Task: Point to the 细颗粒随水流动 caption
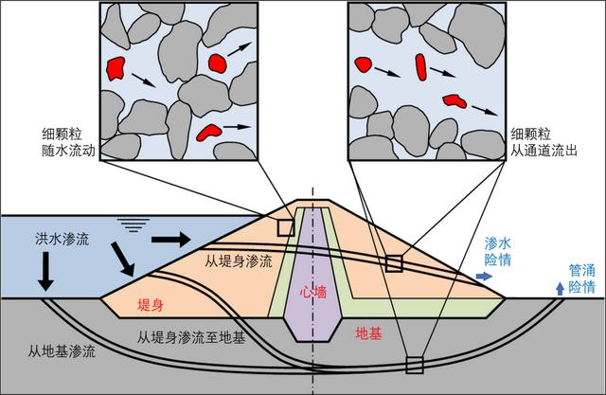[x=64, y=143]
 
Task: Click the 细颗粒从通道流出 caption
[x=541, y=142]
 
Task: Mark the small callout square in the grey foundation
[x=412, y=364]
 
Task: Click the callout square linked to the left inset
[x=285, y=226]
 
